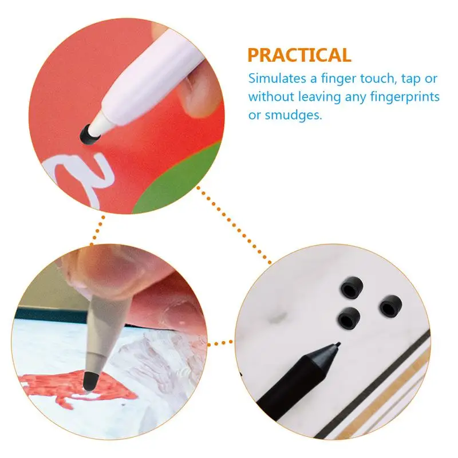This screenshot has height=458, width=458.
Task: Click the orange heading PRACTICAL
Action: (299, 55)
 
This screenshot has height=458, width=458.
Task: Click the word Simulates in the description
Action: (277, 78)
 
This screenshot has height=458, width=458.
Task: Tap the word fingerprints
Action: (405, 97)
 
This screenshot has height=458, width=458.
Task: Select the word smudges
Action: (293, 115)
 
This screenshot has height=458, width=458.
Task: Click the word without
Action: (271, 97)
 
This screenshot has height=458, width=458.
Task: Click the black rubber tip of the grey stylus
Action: (91, 381)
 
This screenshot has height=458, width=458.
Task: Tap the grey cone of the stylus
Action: (105, 336)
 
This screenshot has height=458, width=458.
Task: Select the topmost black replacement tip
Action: (352, 287)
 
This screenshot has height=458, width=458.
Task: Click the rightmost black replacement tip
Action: (390, 306)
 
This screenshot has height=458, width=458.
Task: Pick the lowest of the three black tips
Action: (349, 318)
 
